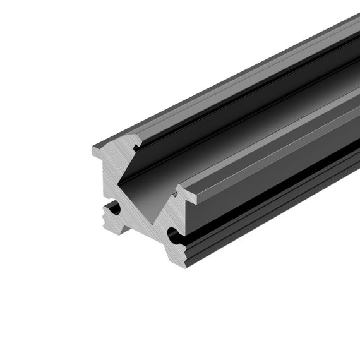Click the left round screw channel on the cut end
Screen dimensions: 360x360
pyautogui.click(x=114, y=208)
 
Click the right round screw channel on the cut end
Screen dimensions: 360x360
pyautogui.click(x=172, y=237)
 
